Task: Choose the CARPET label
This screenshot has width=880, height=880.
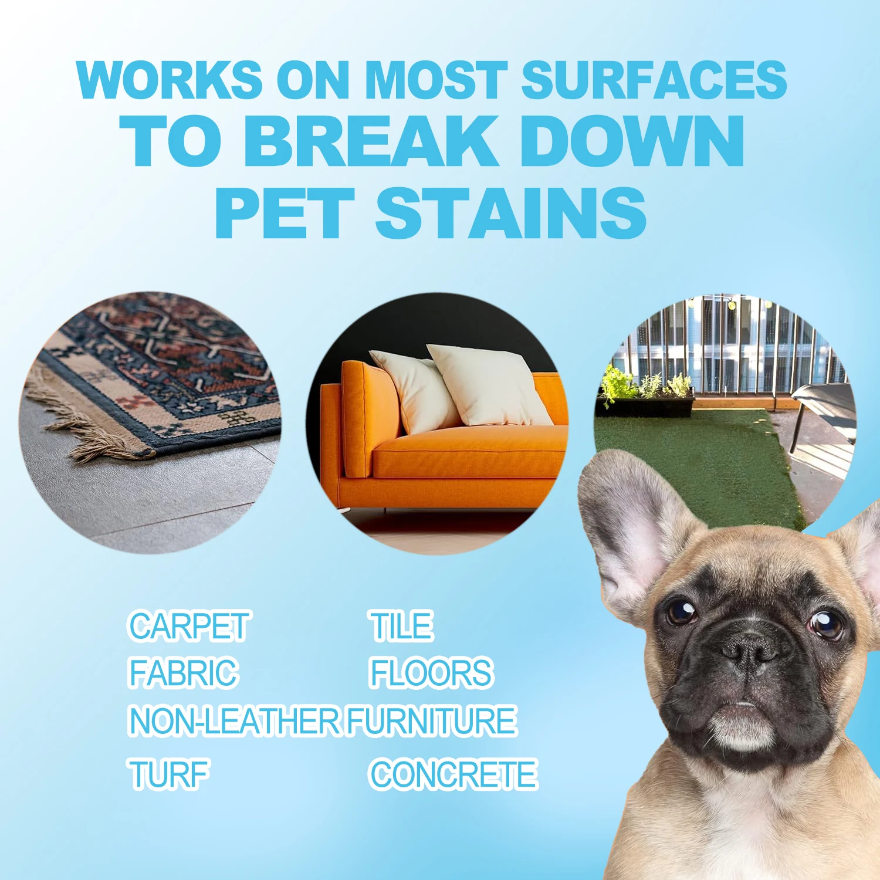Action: click(x=188, y=626)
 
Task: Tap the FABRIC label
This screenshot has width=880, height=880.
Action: click(x=183, y=673)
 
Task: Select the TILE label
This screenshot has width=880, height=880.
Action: click(x=401, y=626)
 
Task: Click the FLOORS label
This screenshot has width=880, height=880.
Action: click(x=431, y=673)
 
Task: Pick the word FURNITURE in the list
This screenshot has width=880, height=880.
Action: click(x=431, y=721)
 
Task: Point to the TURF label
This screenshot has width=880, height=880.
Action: click(x=169, y=774)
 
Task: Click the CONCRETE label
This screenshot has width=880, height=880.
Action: click(x=453, y=774)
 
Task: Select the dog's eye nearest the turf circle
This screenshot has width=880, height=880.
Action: click(x=681, y=612)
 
